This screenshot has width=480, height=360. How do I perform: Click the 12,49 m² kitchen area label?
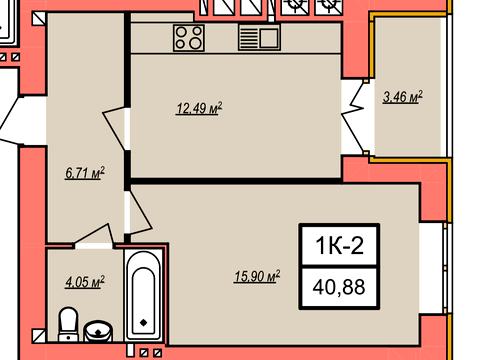[x=199, y=108]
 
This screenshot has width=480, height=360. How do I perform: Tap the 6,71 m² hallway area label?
[x=85, y=173]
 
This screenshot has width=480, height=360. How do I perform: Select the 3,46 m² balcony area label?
[x=403, y=97]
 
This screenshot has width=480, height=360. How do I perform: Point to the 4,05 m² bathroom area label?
[x=85, y=282]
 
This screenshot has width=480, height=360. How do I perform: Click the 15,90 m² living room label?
[x=257, y=277]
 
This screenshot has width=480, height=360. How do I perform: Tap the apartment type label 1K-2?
[x=339, y=246]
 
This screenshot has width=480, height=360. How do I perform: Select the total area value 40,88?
[x=339, y=287]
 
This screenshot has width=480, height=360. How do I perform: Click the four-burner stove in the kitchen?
[x=189, y=38]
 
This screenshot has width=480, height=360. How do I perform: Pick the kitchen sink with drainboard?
[x=259, y=38]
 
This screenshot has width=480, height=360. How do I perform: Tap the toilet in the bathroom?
[x=68, y=324]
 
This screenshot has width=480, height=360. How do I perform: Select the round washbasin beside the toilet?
[x=98, y=331]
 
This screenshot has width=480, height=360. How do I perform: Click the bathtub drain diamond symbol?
[x=144, y=323]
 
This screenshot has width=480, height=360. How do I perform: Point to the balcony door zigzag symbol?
[x=353, y=117]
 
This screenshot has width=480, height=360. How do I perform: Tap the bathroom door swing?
[x=93, y=235]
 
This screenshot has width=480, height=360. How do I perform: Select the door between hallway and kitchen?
[x=114, y=128]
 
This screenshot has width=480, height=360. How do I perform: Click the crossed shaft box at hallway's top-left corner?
[x=39, y=18]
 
